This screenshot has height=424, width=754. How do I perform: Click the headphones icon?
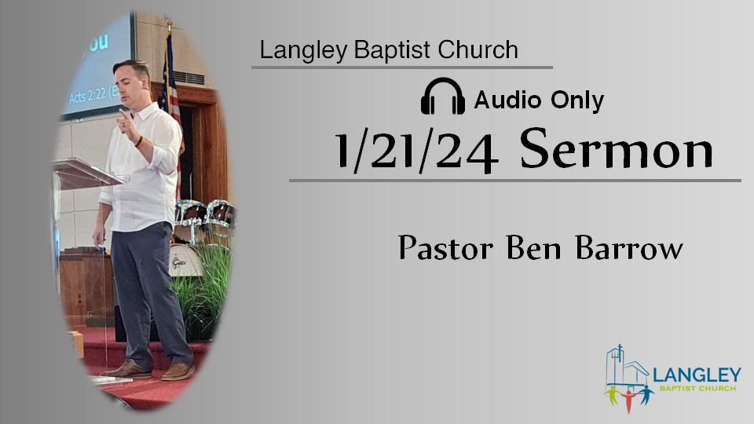(x=442, y=96)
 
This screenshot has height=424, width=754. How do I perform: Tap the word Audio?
(x=507, y=100)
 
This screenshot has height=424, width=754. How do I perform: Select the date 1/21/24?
(x=416, y=150)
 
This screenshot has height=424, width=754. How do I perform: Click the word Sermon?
(x=616, y=148)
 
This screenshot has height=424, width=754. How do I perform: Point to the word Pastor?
(x=446, y=248)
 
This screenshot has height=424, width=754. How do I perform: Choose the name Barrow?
(x=629, y=248)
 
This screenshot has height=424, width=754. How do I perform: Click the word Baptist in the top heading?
(x=392, y=49)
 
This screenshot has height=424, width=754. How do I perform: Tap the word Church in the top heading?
(x=478, y=49)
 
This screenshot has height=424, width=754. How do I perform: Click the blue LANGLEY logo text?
(x=697, y=375)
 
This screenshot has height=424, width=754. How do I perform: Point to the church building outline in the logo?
(x=624, y=367)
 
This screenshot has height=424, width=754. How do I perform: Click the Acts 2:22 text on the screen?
(x=93, y=95)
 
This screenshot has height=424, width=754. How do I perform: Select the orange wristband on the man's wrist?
(x=139, y=142)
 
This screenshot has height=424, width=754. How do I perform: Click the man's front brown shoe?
(x=178, y=371)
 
